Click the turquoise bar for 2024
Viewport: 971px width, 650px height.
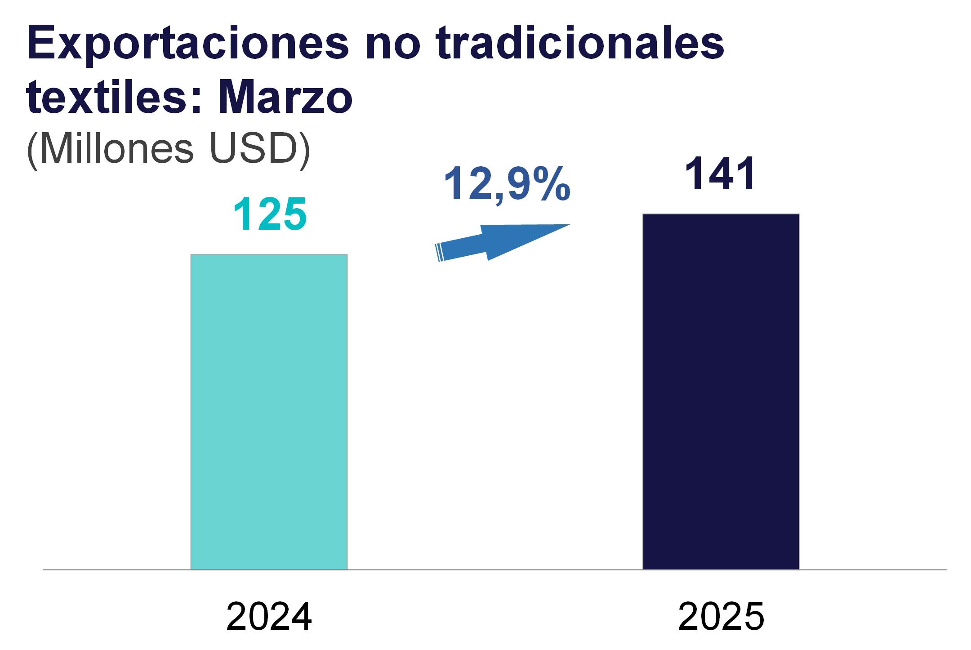tap(269, 411)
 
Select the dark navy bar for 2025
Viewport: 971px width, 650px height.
tap(721, 391)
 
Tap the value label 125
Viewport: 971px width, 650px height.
tap(270, 214)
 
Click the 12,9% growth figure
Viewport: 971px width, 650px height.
tap(507, 184)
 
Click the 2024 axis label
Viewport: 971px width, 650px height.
tap(269, 617)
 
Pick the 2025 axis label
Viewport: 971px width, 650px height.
tap(721, 617)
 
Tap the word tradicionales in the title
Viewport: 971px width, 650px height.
tap(580, 44)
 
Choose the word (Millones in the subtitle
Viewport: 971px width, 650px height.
tap(111, 149)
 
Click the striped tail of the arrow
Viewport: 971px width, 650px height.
tap(440, 252)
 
